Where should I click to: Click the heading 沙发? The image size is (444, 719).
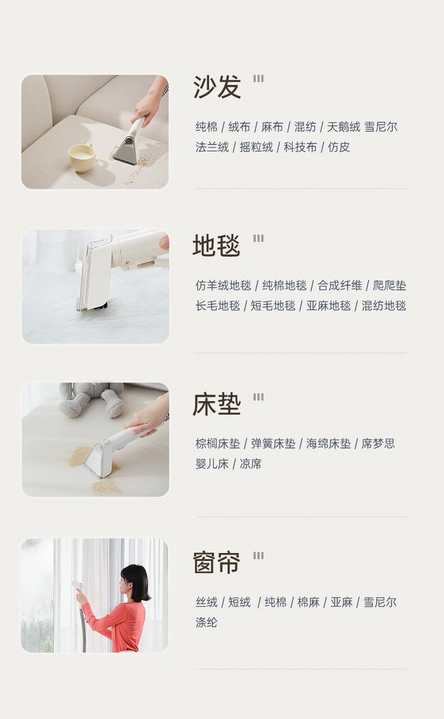point(217,87)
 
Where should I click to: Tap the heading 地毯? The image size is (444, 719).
point(216,245)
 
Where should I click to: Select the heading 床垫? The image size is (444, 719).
point(217,405)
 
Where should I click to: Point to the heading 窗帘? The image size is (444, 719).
point(216,563)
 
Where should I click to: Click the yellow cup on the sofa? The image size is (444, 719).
point(82,158)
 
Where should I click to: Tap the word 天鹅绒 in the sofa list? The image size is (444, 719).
point(343,127)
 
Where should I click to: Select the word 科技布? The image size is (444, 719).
point(300,147)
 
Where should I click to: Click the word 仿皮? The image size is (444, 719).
point(338,147)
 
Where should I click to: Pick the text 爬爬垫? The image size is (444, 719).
point(389,285)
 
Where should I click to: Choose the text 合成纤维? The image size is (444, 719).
point(339,285)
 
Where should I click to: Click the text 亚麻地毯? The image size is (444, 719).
point(329,305)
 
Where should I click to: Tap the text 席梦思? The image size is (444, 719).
point(378,443)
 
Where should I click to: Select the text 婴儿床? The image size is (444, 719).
point(212,464)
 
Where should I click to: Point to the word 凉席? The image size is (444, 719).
point(251,464)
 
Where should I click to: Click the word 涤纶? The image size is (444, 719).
point(206,622)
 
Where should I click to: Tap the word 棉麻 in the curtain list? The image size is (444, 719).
point(309,602)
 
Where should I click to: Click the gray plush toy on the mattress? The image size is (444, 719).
point(91,399)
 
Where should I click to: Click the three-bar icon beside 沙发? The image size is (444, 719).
point(259,79)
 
